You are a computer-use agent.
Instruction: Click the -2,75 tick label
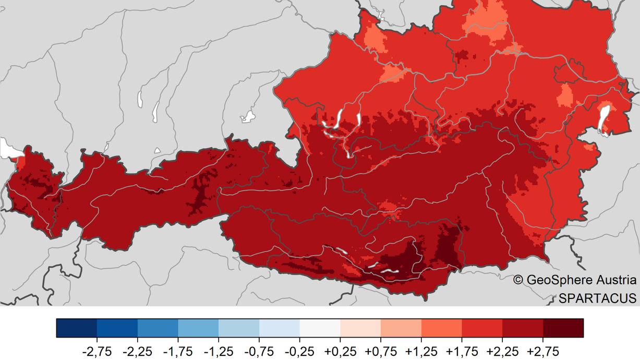tap(96, 351)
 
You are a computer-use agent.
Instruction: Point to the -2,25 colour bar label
tap(137, 351)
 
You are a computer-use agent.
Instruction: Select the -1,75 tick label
tap(178, 351)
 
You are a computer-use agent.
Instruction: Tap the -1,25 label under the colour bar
tap(219, 351)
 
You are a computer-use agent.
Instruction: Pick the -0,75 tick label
tap(259, 351)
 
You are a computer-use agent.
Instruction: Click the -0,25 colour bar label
tap(300, 351)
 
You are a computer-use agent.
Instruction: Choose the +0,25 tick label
tap(340, 351)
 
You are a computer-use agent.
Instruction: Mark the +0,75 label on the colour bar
tap(381, 351)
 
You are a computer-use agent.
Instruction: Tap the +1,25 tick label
tap(421, 351)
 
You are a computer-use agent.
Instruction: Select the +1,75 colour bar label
tap(462, 351)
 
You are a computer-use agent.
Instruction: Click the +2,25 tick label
tap(503, 351)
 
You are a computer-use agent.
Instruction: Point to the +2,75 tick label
tap(544, 351)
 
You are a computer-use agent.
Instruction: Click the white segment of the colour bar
tap(320, 328)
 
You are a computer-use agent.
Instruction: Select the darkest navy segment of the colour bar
tap(76, 328)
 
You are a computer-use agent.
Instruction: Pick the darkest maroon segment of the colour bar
tap(563, 328)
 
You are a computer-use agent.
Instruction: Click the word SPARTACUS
tap(597, 298)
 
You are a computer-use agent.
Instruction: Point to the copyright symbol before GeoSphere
tap(518, 280)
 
